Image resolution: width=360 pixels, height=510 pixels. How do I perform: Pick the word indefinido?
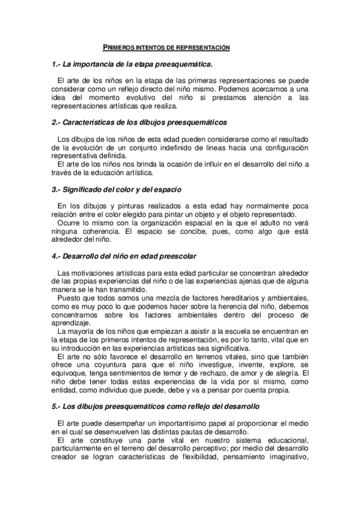tap(174, 147)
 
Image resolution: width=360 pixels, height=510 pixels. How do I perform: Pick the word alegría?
tap(277, 373)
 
